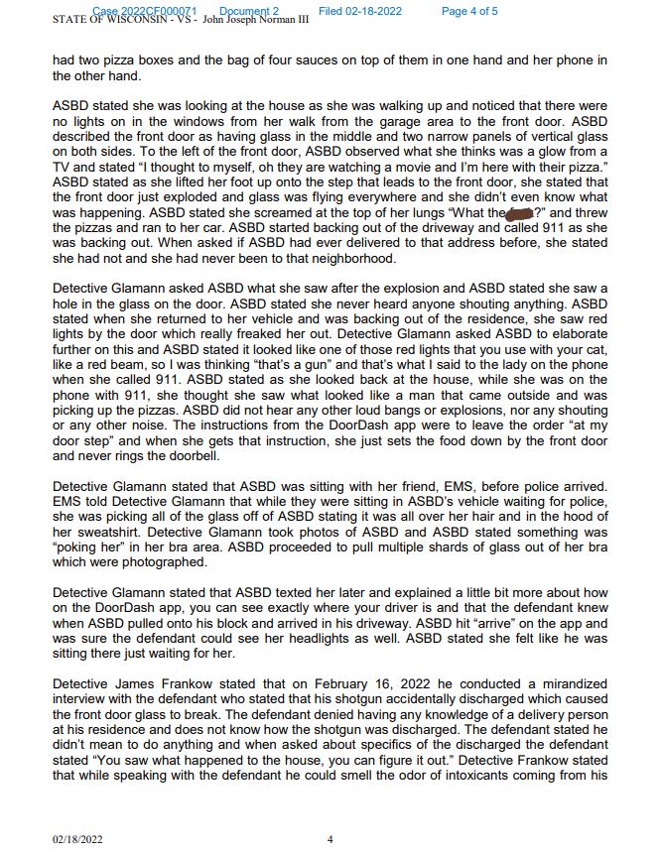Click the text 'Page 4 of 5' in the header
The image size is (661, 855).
[469, 11]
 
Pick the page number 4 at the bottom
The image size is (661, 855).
[330, 839]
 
